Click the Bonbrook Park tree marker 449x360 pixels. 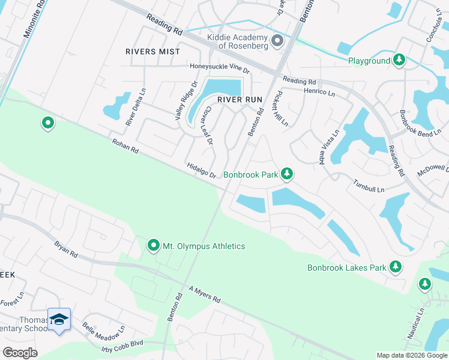[x=288, y=174]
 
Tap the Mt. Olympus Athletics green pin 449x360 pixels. [x=154, y=245]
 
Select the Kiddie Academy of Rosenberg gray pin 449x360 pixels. [x=277, y=41]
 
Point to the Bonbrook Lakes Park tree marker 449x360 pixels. [x=395, y=266]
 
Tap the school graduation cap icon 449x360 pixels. [x=59, y=319]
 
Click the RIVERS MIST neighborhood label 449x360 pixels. [x=152, y=52]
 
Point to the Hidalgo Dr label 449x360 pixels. [x=201, y=170]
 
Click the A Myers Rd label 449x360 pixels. [x=205, y=295]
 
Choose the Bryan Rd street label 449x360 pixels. [x=66, y=250]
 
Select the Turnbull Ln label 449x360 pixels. [x=368, y=187]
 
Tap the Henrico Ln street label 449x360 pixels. [x=319, y=91]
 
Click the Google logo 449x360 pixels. [x=20, y=353]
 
